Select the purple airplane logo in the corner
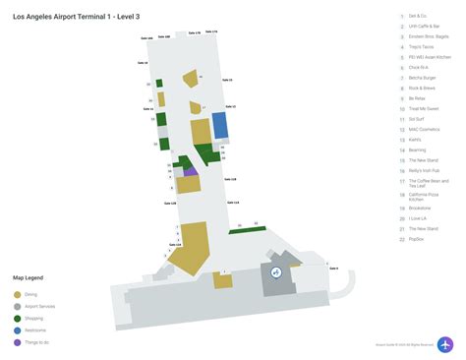(445, 344)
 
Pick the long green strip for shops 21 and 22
(248, 229)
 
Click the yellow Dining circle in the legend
(17, 294)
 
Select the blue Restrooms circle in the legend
(17, 330)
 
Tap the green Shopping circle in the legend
(17, 319)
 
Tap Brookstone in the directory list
(421, 208)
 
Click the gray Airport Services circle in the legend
(17, 306)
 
